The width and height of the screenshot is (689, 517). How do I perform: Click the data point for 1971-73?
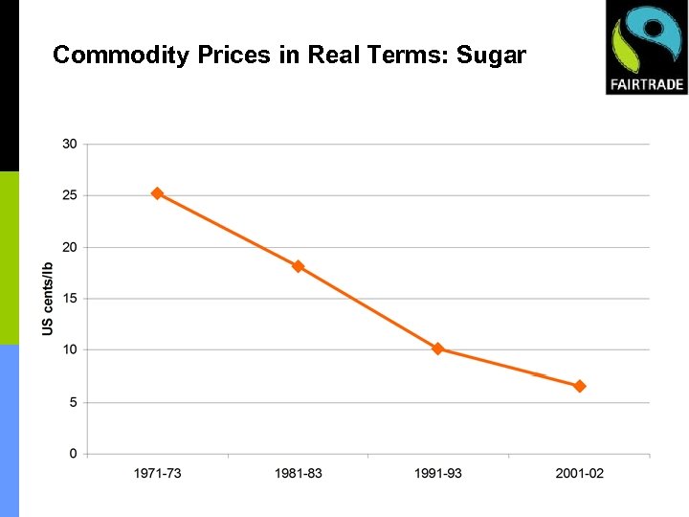pyautogui.click(x=158, y=193)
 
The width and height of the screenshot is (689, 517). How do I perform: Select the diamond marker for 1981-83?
pyautogui.click(x=298, y=266)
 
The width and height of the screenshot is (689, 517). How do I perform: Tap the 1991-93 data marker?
pyautogui.click(x=437, y=348)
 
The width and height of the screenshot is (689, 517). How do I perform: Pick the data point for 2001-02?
pyautogui.click(x=579, y=386)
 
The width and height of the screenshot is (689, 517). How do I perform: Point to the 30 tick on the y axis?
pyautogui.click(x=70, y=144)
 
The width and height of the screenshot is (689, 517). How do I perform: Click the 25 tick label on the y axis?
pyautogui.click(x=70, y=195)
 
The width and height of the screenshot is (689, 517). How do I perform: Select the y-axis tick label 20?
pyautogui.click(x=70, y=247)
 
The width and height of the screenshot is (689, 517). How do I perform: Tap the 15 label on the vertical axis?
pyautogui.click(x=70, y=299)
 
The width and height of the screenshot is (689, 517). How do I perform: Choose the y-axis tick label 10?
pyautogui.click(x=70, y=350)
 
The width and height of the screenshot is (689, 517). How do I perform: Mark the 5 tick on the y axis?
pyautogui.click(x=73, y=402)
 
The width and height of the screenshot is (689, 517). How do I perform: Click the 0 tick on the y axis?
pyautogui.click(x=73, y=454)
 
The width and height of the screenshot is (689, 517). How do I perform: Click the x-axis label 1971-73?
pyautogui.click(x=158, y=474)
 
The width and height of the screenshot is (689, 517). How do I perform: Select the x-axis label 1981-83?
pyautogui.click(x=298, y=474)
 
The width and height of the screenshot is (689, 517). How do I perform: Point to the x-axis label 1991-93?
pyautogui.click(x=437, y=474)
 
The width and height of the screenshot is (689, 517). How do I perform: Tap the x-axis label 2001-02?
pyautogui.click(x=579, y=474)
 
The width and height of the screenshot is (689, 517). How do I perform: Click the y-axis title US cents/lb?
pyautogui.click(x=48, y=299)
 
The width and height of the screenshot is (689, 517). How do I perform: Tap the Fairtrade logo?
pyautogui.click(x=646, y=47)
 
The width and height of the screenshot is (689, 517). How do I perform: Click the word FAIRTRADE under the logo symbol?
pyautogui.click(x=646, y=83)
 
